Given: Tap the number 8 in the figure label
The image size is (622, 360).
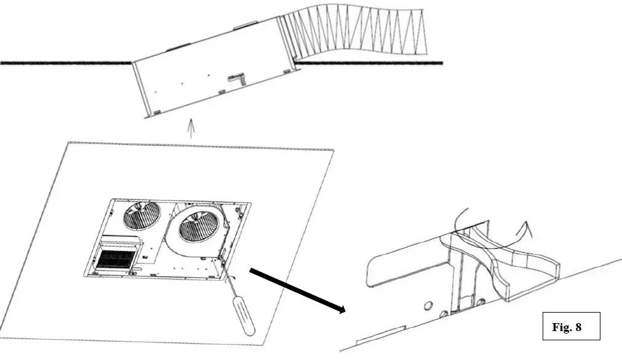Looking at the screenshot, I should [578, 327].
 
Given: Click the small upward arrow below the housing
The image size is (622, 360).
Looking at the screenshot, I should [191, 127].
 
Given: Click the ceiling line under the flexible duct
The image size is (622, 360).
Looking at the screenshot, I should [369, 62].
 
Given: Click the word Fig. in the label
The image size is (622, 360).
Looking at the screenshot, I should [561, 327].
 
